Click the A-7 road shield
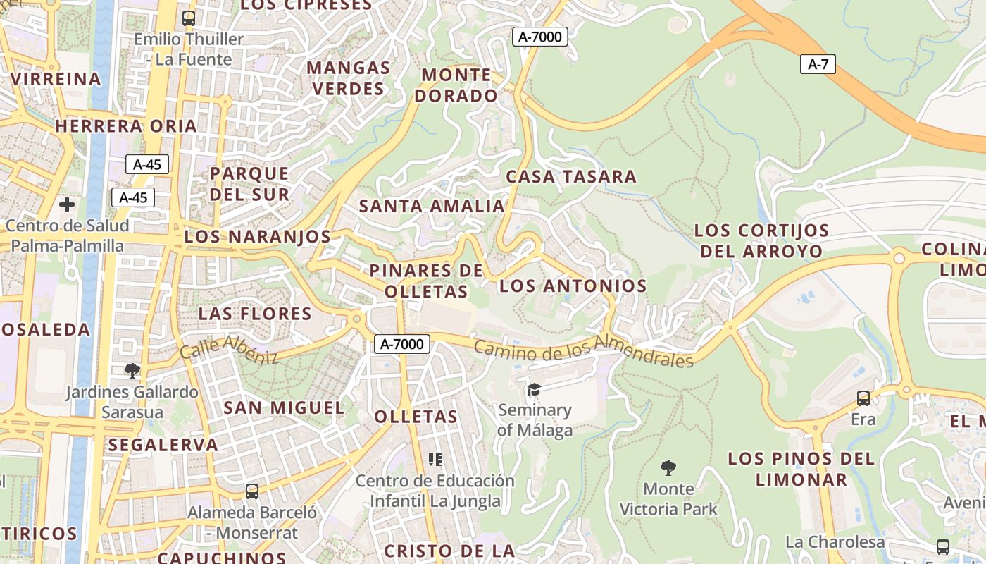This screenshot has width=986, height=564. click(x=818, y=65)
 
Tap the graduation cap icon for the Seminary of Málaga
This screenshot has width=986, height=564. click(x=535, y=389)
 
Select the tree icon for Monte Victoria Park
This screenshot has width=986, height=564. click(x=668, y=467)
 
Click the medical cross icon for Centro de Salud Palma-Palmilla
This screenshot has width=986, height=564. click(x=67, y=205)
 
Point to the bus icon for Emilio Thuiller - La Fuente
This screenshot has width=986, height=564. click(x=188, y=18)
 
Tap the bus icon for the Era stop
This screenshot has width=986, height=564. click(x=863, y=398)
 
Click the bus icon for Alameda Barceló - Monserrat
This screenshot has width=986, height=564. click(x=252, y=491)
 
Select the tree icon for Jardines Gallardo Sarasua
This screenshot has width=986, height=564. click(x=132, y=371)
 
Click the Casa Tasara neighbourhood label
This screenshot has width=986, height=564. click(x=571, y=176)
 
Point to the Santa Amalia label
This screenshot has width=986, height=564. click(x=432, y=207)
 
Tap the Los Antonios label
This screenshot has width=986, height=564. click(x=573, y=286)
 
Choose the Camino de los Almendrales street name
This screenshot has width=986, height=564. click(x=583, y=350)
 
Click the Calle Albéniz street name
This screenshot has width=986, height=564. click(x=229, y=350)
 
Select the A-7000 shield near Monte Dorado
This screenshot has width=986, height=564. click(x=539, y=37)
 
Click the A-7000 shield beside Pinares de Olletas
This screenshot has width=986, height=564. click(x=401, y=344)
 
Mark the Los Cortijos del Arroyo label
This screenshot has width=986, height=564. click(x=761, y=240)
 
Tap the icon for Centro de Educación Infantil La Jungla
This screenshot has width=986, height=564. click(x=435, y=460)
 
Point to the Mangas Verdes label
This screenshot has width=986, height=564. click(x=349, y=78)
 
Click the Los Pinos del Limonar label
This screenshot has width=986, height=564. click(x=801, y=469)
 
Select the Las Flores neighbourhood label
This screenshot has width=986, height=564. click(x=255, y=314)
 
